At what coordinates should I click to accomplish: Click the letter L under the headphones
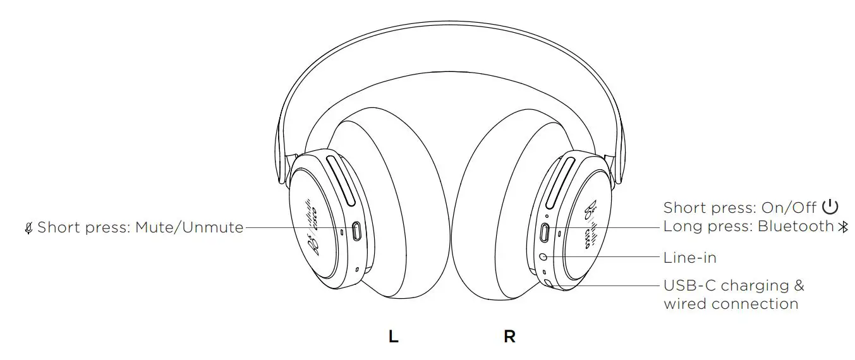(393, 337)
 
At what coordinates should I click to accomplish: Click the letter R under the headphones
(509, 337)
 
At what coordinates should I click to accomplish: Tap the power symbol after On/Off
(830, 207)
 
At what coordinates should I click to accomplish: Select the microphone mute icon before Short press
(28, 227)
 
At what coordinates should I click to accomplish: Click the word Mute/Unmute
(189, 227)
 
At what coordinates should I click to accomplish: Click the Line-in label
(689, 258)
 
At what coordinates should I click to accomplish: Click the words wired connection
(731, 304)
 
